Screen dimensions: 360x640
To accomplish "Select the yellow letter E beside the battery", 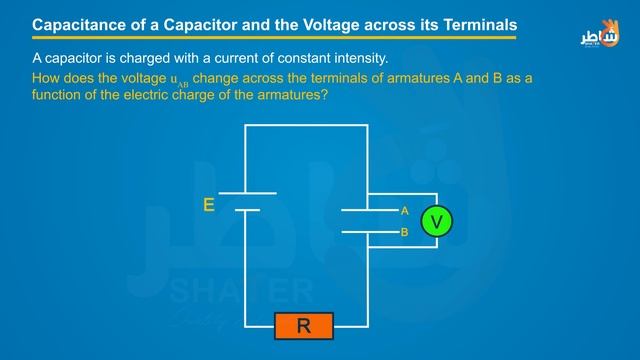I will [208, 205].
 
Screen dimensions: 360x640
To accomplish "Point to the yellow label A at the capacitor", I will [405, 211].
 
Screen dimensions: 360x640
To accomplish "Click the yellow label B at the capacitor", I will [405, 232].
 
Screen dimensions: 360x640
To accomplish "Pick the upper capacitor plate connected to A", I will [369, 211].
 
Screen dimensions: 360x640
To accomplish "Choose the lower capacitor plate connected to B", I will [369, 232].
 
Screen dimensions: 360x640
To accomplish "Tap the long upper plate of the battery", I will [246, 193].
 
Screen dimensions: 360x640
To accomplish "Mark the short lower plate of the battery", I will [246, 210].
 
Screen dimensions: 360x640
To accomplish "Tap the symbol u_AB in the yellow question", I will [178, 79].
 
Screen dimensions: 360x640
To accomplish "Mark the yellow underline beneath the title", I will [270, 38].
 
